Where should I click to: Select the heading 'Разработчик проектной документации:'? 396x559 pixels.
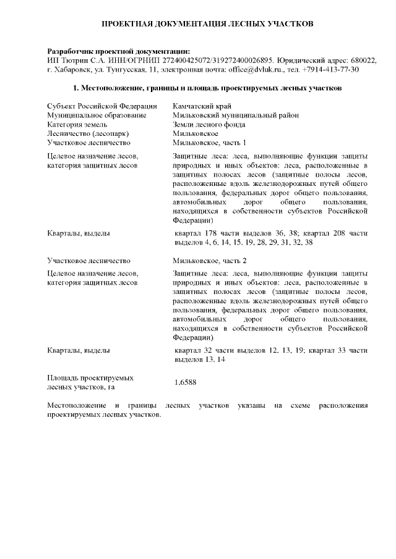[x=119, y=51]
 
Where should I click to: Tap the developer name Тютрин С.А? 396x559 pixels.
[x=80, y=61]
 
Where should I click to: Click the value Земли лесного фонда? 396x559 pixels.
[x=209, y=124]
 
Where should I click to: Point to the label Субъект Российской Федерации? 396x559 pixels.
[x=101, y=106]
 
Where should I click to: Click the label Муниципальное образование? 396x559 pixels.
[x=97, y=115]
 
